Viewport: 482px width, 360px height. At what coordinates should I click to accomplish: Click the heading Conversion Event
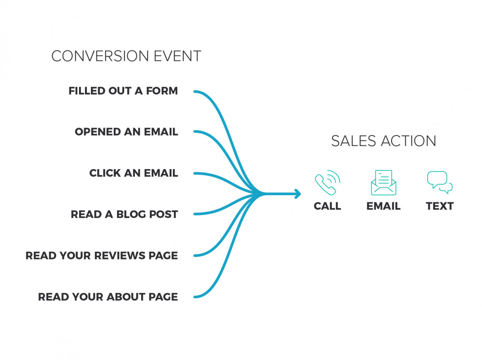(126, 56)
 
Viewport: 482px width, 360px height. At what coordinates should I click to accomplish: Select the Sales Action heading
(383, 141)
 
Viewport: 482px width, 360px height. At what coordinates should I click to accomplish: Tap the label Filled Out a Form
(123, 91)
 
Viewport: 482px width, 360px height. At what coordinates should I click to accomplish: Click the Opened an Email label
(126, 132)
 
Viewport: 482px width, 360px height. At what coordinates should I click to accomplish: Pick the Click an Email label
(134, 173)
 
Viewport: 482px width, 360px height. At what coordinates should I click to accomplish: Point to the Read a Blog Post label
(124, 214)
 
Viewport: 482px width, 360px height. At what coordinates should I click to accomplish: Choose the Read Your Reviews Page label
(102, 256)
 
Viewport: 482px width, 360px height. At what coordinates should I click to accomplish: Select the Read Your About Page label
(108, 297)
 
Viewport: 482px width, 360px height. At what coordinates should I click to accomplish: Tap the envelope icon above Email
(383, 183)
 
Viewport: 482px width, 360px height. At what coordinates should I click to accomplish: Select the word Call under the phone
(327, 206)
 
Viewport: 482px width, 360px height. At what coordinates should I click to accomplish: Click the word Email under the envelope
(383, 206)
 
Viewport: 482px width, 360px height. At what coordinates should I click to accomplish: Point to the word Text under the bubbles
(440, 206)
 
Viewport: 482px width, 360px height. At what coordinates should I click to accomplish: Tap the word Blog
(129, 214)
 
